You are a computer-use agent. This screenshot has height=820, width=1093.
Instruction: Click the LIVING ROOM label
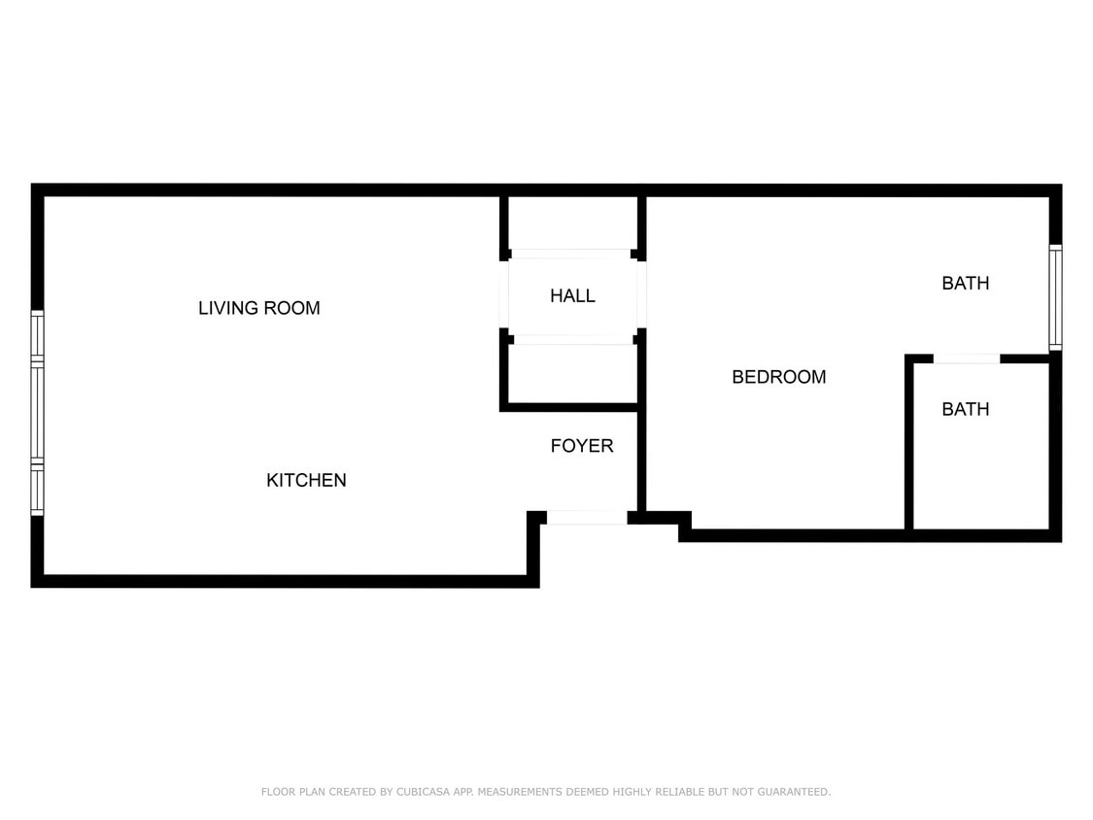258,308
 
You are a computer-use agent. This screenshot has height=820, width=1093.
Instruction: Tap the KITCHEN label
306,480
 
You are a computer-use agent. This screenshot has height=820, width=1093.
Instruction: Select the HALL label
572,295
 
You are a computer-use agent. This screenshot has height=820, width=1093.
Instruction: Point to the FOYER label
582,446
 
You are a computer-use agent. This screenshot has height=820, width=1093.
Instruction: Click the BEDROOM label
778,377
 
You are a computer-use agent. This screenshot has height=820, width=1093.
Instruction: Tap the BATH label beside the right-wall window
965,284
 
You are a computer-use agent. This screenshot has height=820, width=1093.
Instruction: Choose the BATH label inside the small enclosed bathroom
965,409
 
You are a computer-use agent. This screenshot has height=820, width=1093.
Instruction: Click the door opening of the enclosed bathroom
966,359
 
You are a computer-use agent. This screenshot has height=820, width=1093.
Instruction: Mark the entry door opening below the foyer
586,518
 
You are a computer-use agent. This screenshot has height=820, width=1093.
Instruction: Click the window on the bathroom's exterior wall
1055,297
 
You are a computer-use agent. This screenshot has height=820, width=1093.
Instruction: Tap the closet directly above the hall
573,222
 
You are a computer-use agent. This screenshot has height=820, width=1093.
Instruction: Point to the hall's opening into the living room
505,295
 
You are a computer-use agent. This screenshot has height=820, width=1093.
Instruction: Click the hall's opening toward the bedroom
641,295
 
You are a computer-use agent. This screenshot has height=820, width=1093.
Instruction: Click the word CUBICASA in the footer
422,792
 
